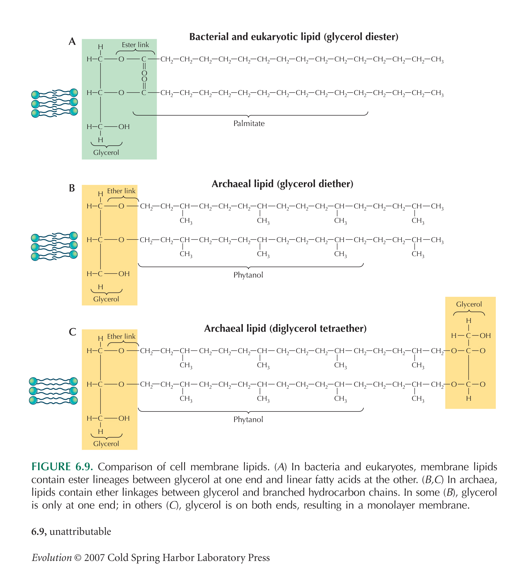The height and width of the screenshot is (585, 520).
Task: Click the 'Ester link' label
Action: (x=135, y=45)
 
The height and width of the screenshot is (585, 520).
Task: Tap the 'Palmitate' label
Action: (x=249, y=124)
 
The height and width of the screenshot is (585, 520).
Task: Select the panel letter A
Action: (x=72, y=41)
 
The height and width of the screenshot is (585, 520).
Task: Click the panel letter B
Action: (x=72, y=188)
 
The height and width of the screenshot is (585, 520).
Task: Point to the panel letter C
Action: (x=72, y=332)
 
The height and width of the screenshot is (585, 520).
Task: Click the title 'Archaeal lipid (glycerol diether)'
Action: (x=282, y=184)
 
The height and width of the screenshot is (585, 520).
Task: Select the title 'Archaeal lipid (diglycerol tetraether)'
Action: (x=285, y=329)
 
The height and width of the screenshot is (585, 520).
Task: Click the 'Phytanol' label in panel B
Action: (x=248, y=275)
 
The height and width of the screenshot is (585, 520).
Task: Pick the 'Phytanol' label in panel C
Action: (x=248, y=419)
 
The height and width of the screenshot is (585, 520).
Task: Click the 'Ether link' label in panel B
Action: (x=121, y=191)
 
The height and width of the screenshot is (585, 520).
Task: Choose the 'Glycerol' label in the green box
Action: (x=106, y=153)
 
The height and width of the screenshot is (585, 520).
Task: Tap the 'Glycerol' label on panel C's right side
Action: (x=469, y=304)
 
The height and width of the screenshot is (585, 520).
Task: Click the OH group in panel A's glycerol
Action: (x=124, y=127)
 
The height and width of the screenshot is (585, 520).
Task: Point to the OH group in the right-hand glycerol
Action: (x=485, y=335)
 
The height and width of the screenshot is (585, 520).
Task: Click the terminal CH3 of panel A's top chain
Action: (x=437, y=59)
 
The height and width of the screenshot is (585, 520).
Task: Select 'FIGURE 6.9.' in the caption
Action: (x=62, y=467)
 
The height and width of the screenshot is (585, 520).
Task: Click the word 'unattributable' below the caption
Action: (x=80, y=531)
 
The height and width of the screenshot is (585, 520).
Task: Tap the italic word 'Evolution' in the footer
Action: (x=52, y=557)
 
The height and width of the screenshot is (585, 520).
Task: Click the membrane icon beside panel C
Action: (x=53, y=391)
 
